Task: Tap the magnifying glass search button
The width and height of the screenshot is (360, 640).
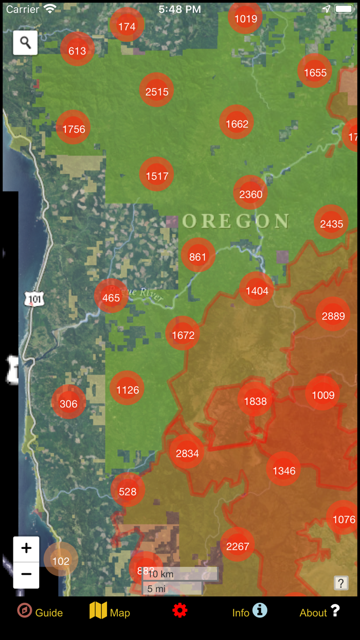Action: tap(25, 43)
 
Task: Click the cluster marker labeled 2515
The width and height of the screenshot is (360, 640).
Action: tap(156, 91)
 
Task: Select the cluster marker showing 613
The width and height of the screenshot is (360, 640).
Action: tap(77, 50)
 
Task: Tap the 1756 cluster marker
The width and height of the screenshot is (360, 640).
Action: tap(74, 129)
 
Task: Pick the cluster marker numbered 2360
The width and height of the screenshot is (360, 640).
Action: tap(250, 193)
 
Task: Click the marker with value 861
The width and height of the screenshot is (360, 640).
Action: tap(197, 256)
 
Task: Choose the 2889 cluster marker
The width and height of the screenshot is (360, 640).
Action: tap(333, 315)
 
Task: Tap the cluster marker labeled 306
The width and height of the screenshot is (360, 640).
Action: tap(68, 403)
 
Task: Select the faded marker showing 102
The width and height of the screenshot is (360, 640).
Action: tap(61, 560)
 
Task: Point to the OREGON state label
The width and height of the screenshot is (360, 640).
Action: tap(236, 221)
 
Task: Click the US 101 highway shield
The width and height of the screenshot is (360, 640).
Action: tap(33, 298)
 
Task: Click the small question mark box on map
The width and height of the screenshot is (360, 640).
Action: tap(340, 583)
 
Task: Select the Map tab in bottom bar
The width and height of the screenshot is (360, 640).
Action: tap(110, 612)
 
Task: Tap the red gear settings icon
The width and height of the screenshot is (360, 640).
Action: tap(179, 611)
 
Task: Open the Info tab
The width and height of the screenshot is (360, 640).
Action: tap(249, 612)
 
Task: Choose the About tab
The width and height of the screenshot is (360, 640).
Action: tap(319, 612)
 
